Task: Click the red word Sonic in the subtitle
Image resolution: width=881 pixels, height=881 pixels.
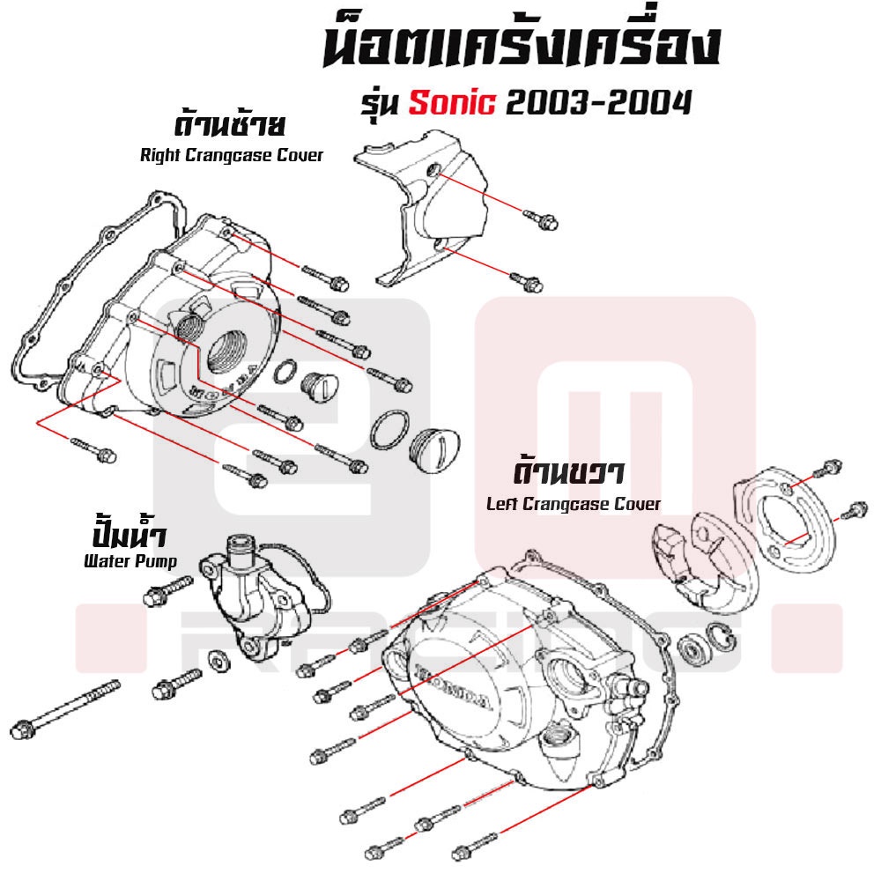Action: [452, 103]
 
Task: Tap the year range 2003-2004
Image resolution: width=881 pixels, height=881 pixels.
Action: [599, 103]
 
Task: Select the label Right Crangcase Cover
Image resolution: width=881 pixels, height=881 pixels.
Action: [232, 155]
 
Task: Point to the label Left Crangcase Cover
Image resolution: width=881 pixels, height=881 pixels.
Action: [574, 504]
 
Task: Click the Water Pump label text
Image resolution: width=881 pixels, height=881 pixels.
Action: [130, 560]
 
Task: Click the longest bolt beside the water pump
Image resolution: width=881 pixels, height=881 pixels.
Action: [65, 709]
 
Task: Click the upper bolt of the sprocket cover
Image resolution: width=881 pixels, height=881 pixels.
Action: [541, 219]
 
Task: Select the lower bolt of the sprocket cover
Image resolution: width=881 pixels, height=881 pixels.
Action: [527, 282]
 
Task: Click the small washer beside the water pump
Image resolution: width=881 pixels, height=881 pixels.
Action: [218, 660]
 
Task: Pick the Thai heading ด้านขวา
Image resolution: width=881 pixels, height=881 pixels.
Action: [568, 473]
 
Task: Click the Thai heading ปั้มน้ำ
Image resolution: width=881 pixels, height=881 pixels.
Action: [129, 533]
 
